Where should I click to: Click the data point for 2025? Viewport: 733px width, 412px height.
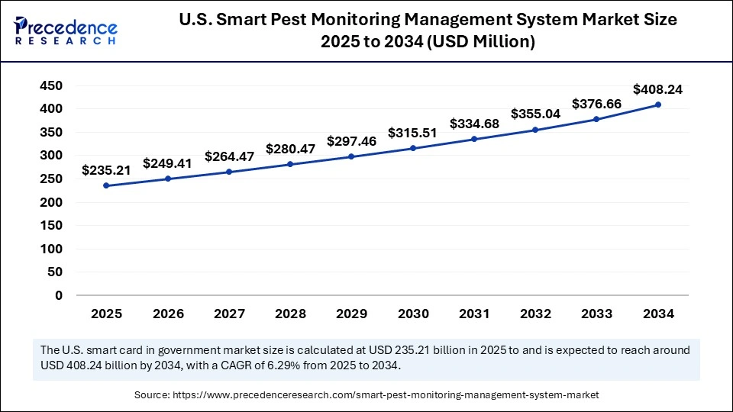(106, 185)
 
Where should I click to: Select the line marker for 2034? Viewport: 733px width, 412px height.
(658, 105)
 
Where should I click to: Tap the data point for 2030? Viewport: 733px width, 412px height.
(413, 148)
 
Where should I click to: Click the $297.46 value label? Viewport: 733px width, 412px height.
(351, 141)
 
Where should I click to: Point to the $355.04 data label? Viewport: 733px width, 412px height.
(535, 114)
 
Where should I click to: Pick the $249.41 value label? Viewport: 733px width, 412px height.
(168, 163)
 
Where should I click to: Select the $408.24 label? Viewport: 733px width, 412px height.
(658, 89)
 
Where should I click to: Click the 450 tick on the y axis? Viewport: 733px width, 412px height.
(51, 86)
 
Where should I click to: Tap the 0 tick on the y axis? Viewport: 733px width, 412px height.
(59, 295)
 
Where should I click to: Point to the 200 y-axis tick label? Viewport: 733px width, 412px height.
(51, 202)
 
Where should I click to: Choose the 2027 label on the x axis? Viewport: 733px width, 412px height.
(229, 314)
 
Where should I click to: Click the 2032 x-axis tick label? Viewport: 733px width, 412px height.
(535, 314)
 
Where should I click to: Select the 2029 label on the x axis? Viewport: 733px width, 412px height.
(351, 314)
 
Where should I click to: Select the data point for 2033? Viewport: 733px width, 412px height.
(597, 119)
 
